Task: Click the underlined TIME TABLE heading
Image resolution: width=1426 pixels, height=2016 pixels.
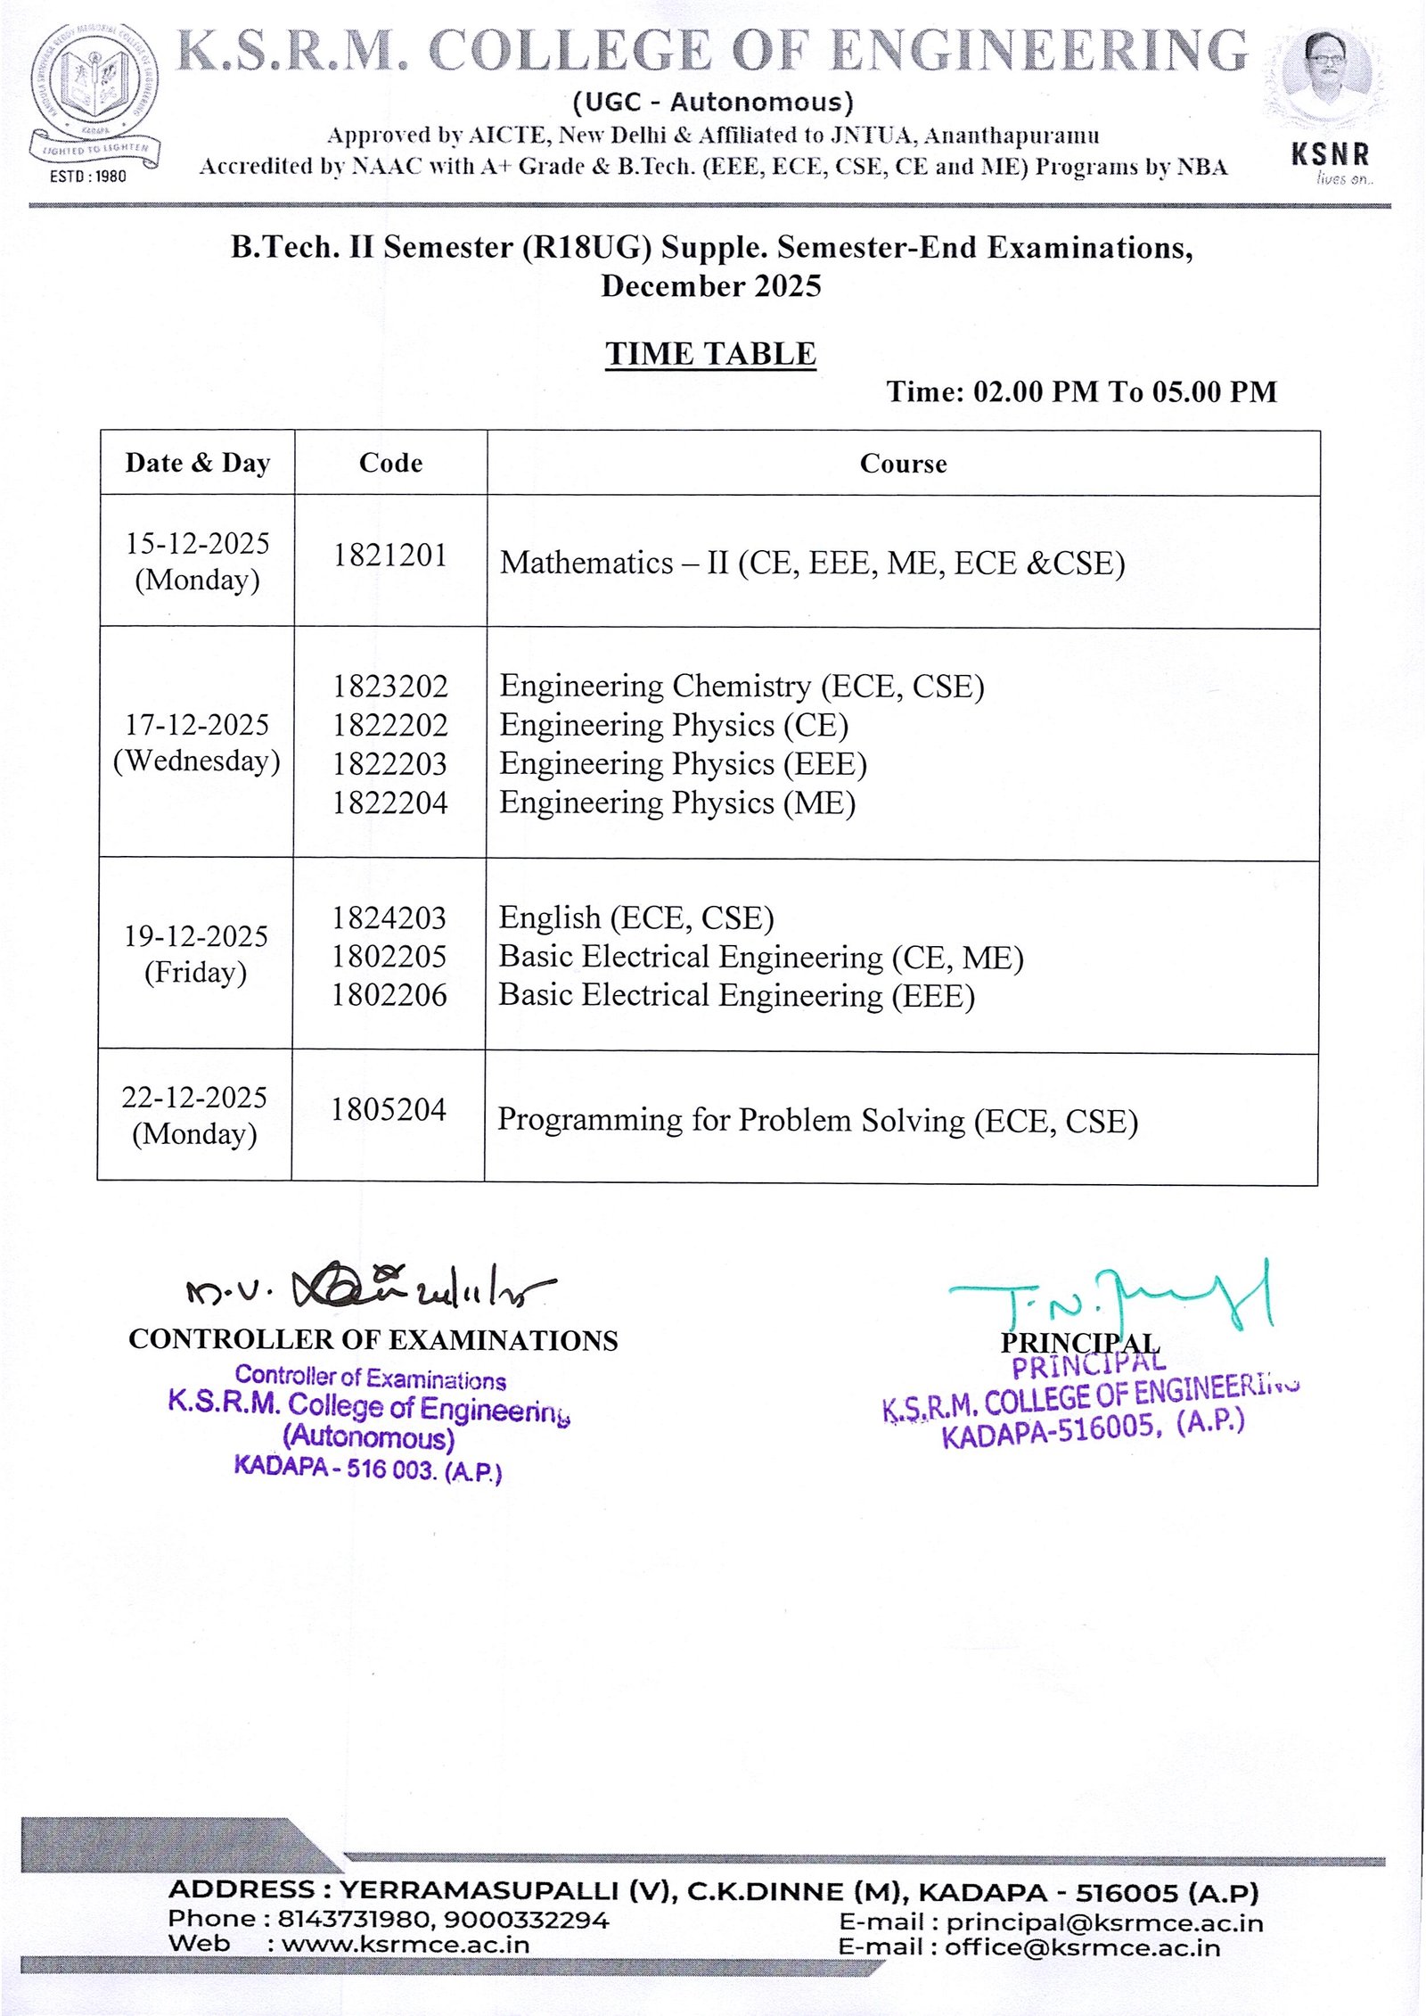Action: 710,354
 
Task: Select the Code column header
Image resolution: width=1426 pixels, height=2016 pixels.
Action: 390,463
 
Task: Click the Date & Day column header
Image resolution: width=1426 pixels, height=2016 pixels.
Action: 197,463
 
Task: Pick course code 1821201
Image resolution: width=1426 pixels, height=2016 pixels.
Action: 389,555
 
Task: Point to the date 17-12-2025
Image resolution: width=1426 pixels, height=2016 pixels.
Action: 197,724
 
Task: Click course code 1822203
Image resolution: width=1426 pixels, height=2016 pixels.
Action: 389,764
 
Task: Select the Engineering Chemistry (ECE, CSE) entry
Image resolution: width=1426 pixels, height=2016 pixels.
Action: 742,687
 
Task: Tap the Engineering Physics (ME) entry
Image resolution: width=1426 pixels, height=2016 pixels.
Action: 677,803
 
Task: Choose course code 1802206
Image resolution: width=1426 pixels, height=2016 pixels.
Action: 389,995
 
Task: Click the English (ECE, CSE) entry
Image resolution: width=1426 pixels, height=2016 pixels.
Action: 636,917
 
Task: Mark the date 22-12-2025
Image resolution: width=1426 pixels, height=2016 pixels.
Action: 194,1097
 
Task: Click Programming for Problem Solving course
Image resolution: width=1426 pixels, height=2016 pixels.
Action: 817,1121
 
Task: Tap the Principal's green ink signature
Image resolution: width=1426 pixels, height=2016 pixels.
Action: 1114,1300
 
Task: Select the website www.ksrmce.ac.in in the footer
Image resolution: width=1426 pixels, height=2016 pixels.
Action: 406,1945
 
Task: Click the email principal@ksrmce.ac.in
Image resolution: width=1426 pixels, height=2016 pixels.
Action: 1104,1923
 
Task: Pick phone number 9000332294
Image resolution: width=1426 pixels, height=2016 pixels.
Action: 527,1919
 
